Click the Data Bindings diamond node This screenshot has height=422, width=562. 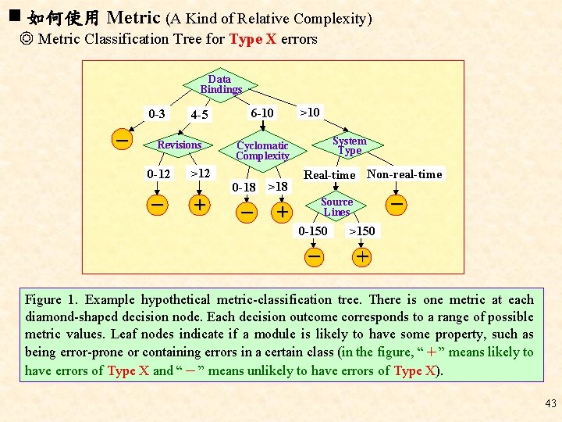220,84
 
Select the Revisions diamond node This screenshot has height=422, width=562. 180,145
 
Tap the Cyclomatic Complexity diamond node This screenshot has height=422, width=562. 262,150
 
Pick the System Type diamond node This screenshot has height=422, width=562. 348,145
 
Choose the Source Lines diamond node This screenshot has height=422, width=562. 336,206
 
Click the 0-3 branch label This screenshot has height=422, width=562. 157,114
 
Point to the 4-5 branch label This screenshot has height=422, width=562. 200,115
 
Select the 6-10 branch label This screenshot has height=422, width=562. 262,113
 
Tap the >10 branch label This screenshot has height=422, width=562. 310,113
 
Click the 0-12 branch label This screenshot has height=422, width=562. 158,173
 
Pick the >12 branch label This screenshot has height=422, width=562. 200,173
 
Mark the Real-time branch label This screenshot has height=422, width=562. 329,175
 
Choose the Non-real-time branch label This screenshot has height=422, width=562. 404,174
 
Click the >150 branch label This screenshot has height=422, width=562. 361,231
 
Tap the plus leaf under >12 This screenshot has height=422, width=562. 200,205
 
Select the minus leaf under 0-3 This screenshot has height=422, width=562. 122,139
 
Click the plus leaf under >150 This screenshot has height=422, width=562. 363,256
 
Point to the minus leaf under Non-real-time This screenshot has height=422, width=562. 397,205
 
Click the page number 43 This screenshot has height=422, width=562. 550,403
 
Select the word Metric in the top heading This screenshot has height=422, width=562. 133,16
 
